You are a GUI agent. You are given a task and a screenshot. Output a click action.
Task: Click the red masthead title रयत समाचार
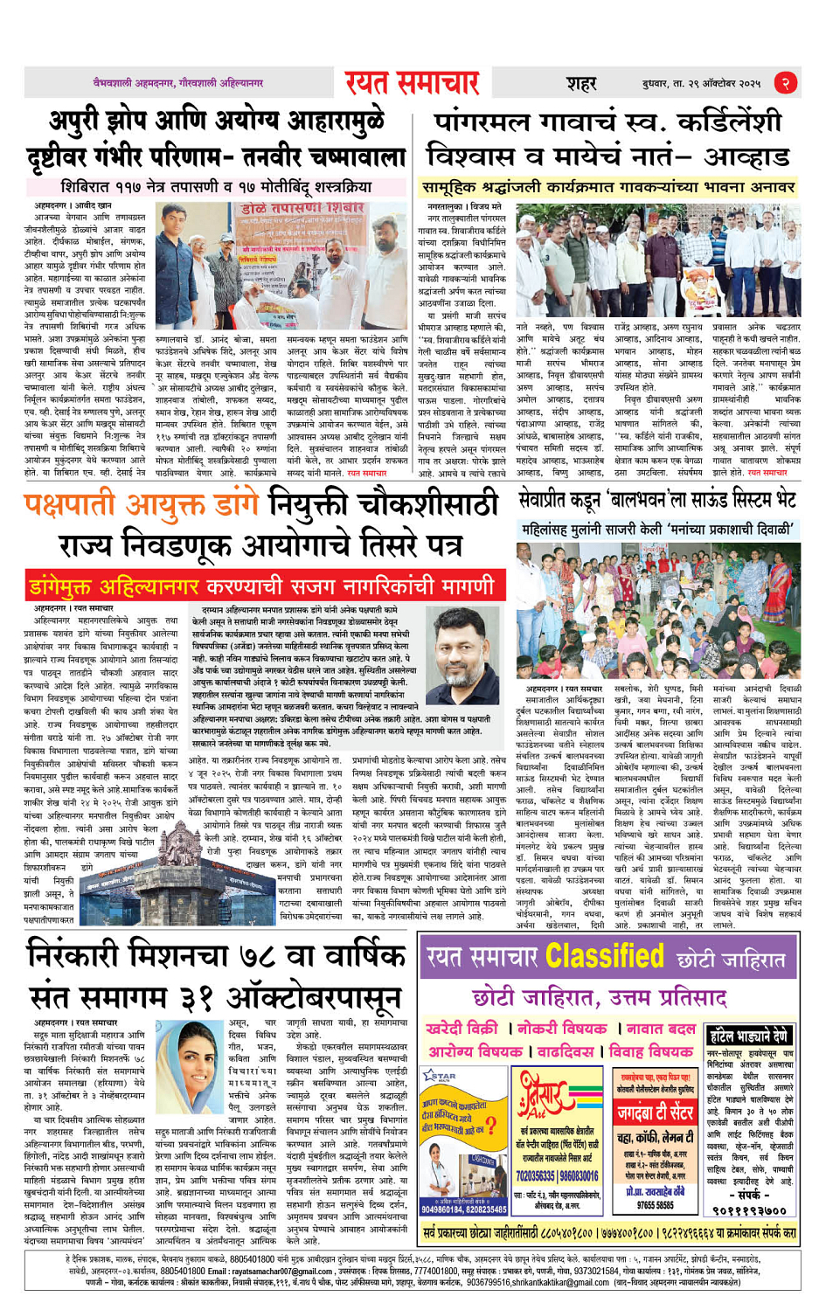point(412,83)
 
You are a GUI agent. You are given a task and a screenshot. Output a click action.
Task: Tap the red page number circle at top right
point(786,83)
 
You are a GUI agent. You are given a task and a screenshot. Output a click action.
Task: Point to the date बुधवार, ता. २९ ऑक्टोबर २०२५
point(701,84)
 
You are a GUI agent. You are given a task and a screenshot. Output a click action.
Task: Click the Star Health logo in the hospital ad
point(440,1076)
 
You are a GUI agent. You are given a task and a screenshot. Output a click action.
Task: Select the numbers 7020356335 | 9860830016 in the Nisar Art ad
point(557,1176)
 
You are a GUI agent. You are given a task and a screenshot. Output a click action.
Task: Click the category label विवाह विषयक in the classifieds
point(647,1050)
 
